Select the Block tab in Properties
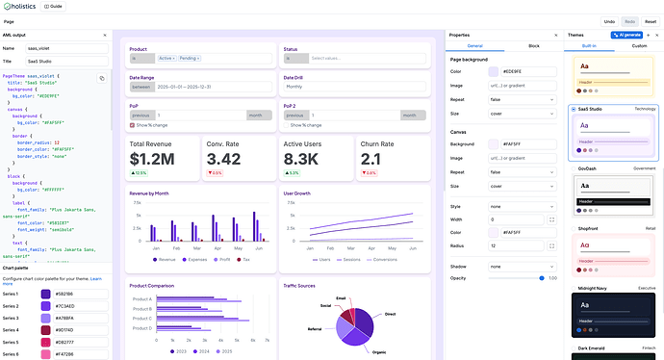(x=533, y=45)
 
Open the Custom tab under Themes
(x=639, y=45)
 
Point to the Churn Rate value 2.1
(x=371, y=159)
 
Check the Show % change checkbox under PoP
(x=133, y=124)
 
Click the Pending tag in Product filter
(x=190, y=59)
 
